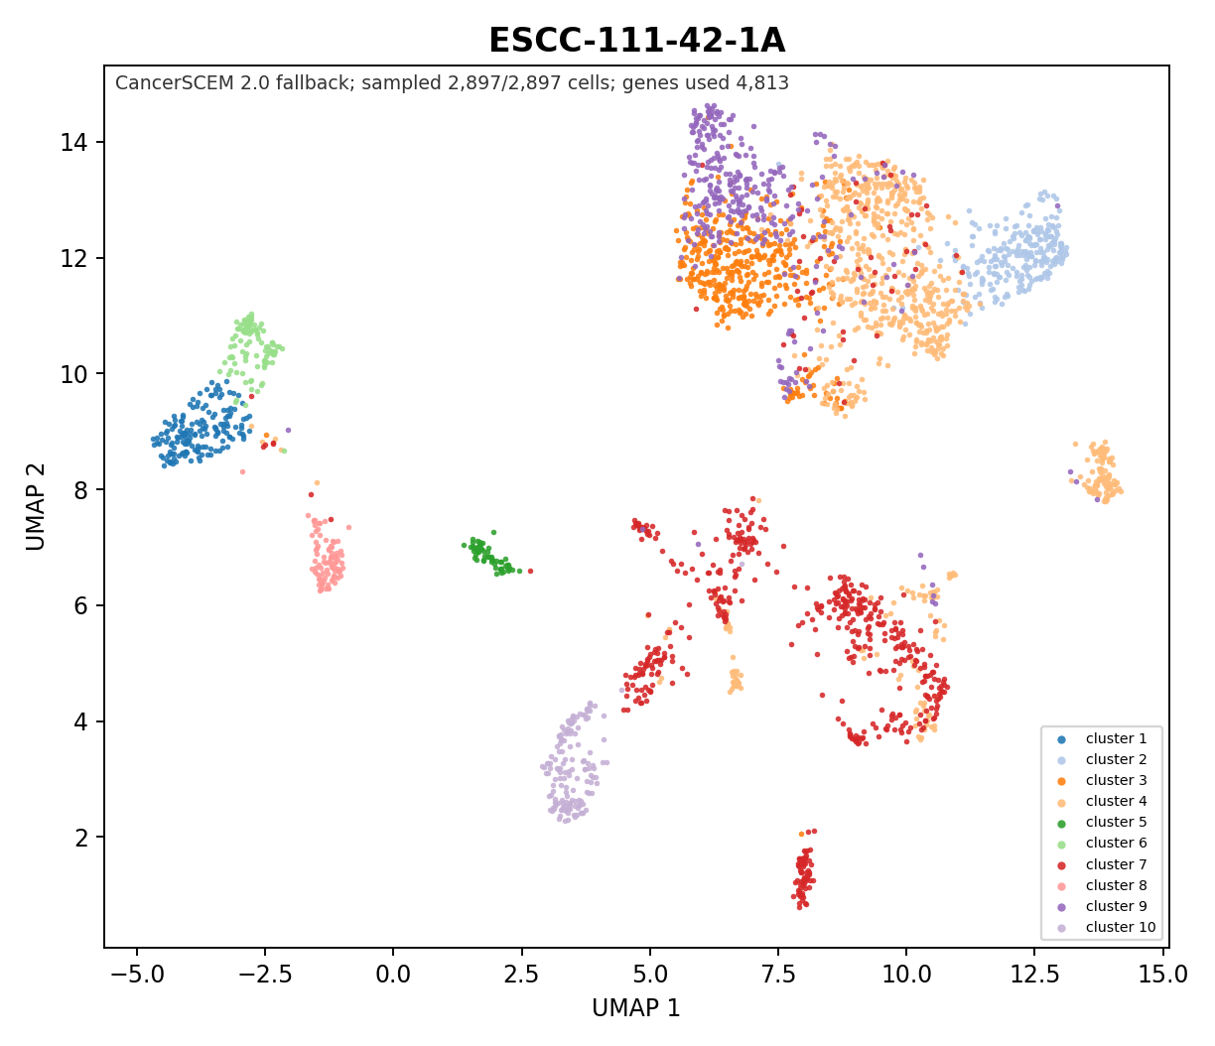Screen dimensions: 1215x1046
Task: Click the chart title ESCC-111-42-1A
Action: [636, 41]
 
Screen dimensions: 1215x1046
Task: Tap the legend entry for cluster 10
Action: [1106, 927]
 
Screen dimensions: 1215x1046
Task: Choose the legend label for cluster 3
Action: [1117, 780]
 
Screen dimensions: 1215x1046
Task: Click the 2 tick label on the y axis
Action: [81, 838]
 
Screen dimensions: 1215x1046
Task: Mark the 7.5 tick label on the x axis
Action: [778, 975]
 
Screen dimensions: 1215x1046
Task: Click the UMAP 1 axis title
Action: [636, 1008]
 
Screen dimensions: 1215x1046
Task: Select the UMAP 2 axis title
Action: [36, 507]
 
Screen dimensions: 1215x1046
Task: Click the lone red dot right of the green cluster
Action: [530, 572]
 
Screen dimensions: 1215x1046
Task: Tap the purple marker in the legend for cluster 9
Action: [1061, 907]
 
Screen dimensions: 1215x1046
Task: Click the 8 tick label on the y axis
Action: [81, 490]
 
